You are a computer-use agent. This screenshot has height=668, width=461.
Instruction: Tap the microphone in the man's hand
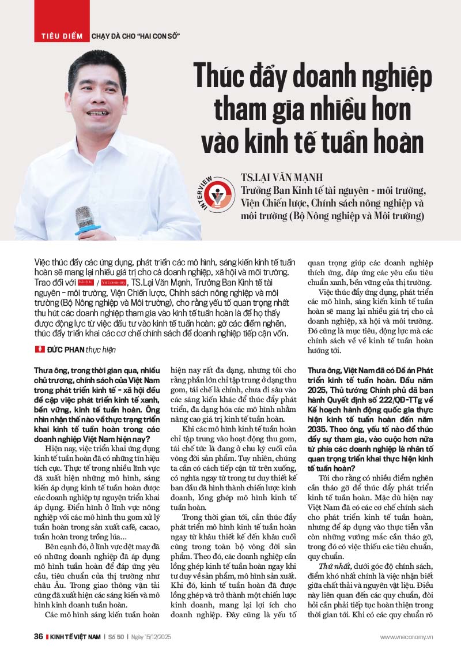tap(85, 220)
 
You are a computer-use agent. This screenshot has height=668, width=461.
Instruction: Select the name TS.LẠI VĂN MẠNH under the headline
tap(282, 177)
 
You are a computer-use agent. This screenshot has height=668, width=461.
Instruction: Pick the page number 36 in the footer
tap(38, 636)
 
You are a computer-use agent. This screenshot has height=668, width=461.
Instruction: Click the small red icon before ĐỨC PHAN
tap(40, 349)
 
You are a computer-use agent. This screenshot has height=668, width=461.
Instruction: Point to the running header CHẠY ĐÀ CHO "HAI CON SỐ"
tap(136, 36)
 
